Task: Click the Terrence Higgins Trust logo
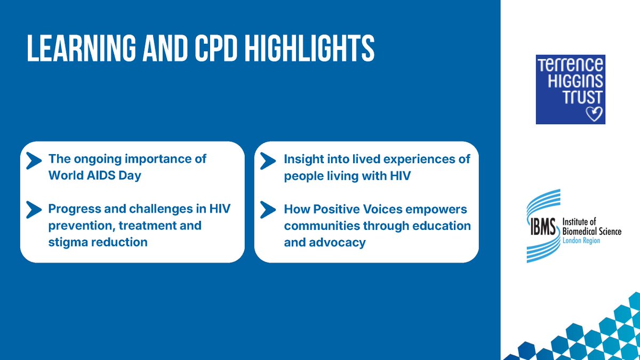[x=570, y=89]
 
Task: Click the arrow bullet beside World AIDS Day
[x=34, y=160]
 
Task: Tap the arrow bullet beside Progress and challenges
[x=34, y=210]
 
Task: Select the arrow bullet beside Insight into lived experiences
[x=268, y=160]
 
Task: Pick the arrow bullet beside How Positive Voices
[x=268, y=210]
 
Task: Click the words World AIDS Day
[x=94, y=175]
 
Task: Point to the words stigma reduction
[x=98, y=242]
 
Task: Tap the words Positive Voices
[x=349, y=209]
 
